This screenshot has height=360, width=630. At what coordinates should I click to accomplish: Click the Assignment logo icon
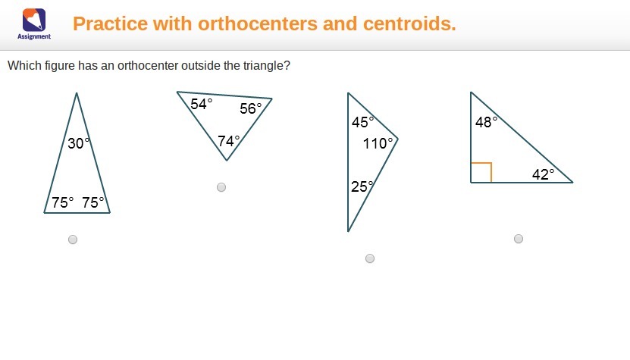click(x=34, y=20)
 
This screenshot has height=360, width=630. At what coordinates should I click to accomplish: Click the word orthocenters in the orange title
click(x=258, y=23)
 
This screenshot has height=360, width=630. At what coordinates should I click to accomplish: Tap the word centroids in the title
click(x=409, y=23)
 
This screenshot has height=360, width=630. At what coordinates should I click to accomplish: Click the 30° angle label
click(x=78, y=143)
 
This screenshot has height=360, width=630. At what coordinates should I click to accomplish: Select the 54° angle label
click(x=202, y=104)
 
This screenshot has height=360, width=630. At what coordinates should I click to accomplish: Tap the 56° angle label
click(x=251, y=108)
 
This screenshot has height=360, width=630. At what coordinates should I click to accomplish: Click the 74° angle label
click(x=229, y=141)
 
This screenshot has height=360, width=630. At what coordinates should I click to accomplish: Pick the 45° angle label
click(x=363, y=122)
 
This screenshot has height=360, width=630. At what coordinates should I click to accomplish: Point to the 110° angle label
click(x=378, y=143)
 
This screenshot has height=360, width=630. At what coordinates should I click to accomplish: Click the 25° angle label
click(x=362, y=186)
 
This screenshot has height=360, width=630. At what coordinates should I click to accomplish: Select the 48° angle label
click(x=486, y=122)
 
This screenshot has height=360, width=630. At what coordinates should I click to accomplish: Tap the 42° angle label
click(x=544, y=174)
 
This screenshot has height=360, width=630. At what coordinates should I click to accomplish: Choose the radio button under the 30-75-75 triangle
click(x=73, y=239)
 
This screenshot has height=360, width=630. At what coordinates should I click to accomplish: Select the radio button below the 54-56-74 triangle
click(x=221, y=187)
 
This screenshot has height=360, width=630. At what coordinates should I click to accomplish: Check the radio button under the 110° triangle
click(x=370, y=258)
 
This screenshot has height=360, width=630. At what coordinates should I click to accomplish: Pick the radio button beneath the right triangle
click(x=519, y=239)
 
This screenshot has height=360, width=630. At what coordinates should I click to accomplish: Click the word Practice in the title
click(x=110, y=23)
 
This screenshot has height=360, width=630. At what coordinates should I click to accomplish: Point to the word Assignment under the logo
click(x=34, y=36)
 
